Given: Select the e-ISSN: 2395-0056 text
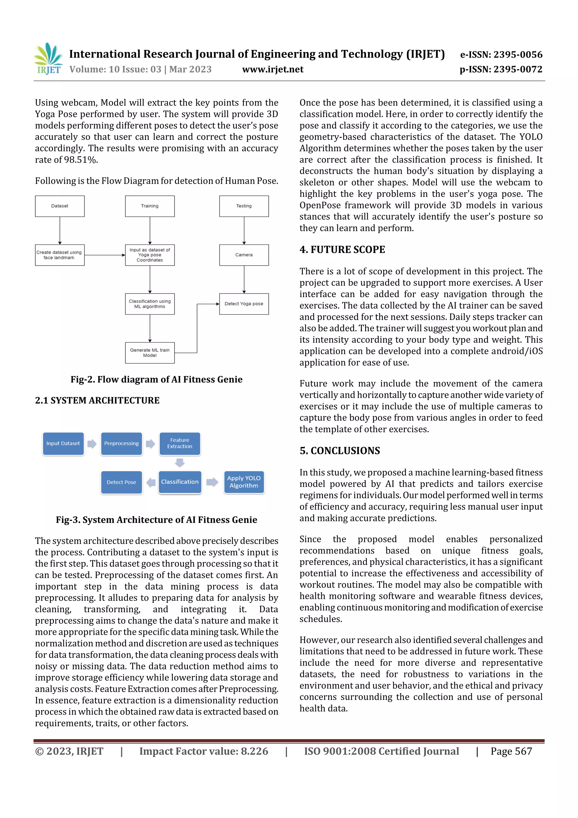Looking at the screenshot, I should click(x=501, y=54).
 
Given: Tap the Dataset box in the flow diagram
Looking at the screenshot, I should click(x=60, y=206).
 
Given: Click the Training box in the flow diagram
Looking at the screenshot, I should click(x=150, y=206).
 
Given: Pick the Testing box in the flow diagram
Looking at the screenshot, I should click(x=244, y=206).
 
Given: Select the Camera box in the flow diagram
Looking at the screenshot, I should click(x=244, y=255).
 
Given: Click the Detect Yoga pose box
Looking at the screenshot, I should click(x=244, y=304).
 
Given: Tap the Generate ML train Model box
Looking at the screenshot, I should click(x=150, y=353).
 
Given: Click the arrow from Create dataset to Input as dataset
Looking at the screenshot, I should click(x=105, y=255).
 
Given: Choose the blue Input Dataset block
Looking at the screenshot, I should click(x=63, y=444).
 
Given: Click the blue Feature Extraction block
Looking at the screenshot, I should click(x=180, y=444).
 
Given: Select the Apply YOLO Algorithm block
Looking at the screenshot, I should click(x=244, y=482).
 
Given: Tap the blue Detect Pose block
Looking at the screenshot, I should click(x=121, y=482).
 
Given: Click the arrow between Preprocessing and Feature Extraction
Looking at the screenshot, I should click(x=151, y=444).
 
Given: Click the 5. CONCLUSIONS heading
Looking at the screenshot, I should click(x=340, y=451).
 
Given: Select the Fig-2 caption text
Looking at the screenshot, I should click(x=156, y=379).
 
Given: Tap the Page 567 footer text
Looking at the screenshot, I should click(x=511, y=751).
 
